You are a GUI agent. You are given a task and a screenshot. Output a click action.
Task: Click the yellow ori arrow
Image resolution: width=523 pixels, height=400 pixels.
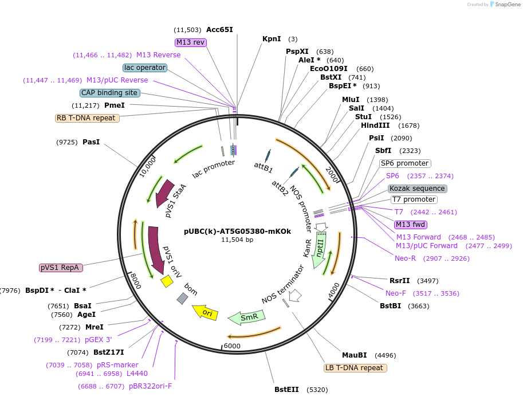pos(205,312)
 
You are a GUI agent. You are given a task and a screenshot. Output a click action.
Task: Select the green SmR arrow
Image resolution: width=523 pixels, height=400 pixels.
pos(246,317)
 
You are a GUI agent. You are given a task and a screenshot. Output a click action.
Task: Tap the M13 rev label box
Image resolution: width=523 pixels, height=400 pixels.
pos(190,42)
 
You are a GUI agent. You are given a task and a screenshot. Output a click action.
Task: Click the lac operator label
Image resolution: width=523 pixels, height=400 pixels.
pos(145,68)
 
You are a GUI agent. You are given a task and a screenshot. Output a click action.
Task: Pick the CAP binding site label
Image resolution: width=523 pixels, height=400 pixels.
pos(109,93)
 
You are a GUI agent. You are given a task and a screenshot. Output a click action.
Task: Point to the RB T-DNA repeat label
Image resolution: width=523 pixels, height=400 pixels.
pos(87,118)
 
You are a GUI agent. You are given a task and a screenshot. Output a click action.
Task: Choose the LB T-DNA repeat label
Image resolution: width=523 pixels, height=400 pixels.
pos(355,368)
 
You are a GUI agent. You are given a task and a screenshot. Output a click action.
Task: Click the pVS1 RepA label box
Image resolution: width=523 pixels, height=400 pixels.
pos(61,268)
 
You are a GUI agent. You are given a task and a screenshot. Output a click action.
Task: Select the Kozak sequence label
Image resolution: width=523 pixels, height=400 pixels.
pos(417,189)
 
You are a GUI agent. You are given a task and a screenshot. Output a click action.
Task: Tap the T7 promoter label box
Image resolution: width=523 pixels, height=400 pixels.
pos(414,199)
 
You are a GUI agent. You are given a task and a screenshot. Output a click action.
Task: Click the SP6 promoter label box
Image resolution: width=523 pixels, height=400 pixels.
pos(405,163)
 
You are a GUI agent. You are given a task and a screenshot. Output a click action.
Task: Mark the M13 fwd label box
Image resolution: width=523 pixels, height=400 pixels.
pos(411,225)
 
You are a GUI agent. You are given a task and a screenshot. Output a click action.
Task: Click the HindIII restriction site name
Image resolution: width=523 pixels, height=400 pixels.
pos(375,126)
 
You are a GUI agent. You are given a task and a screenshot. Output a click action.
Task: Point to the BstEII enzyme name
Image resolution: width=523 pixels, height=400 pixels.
pos(286,390)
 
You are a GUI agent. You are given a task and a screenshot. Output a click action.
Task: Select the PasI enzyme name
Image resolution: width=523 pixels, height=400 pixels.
pos(91,142)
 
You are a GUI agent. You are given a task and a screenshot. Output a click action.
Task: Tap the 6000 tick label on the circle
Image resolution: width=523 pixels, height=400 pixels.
pos(232,346)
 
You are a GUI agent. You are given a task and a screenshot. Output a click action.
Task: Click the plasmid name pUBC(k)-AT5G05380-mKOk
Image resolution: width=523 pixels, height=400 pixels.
pos(238,231)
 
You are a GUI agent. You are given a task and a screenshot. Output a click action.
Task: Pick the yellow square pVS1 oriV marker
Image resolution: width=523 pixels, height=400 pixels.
pos(167,281)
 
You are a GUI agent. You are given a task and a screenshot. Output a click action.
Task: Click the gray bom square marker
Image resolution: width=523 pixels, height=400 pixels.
pos(182,298)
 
